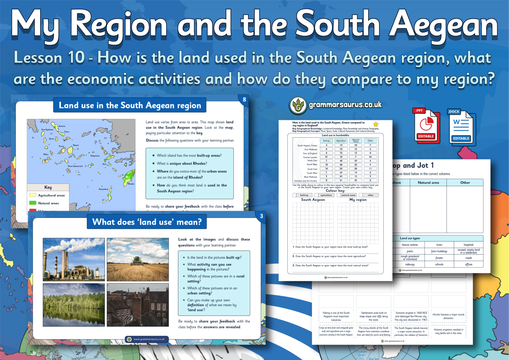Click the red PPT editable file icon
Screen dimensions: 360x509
(x=426, y=125)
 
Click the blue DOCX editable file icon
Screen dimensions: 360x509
(x=461, y=127)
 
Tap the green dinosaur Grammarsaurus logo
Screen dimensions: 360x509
(x=298, y=106)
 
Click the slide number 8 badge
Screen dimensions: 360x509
(x=244, y=99)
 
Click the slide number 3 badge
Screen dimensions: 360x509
(x=261, y=216)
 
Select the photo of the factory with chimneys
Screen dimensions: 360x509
(x=74, y=259)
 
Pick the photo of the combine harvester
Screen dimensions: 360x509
(x=138, y=259)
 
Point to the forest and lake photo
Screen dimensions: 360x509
(x=74, y=305)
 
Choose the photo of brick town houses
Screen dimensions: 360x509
(x=138, y=305)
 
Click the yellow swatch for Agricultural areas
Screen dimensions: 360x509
(x=32, y=195)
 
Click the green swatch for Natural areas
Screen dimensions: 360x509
(x=32, y=203)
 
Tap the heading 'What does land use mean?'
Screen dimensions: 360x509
(x=147, y=222)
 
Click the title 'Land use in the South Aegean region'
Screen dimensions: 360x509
(x=130, y=105)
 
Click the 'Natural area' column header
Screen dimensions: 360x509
(x=428, y=183)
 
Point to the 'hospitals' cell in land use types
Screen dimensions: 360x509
(x=469, y=245)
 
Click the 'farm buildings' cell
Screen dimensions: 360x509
(x=439, y=251)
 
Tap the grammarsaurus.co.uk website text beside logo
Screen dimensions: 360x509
(x=345, y=105)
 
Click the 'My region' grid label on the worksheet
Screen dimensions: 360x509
(x=358, y=200)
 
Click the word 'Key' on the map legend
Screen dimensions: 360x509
(x=48, y=187)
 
